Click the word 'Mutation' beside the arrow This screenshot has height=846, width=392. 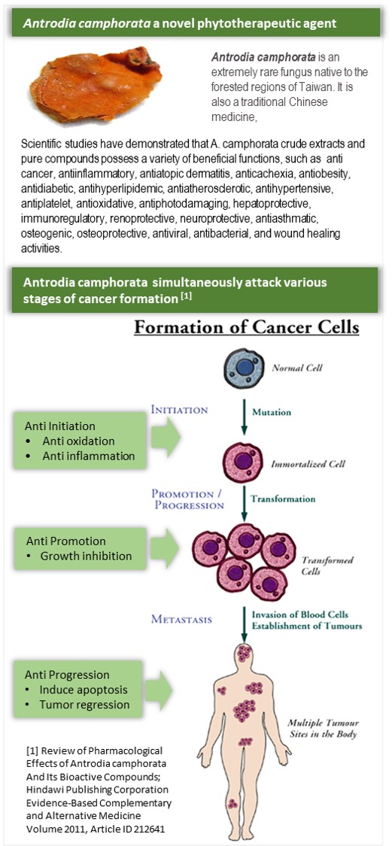coord(270,412)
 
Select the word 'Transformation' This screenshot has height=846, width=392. coord(283,499)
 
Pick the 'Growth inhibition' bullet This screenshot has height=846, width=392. coord(86,556)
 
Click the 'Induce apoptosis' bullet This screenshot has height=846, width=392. coord(82,690)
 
